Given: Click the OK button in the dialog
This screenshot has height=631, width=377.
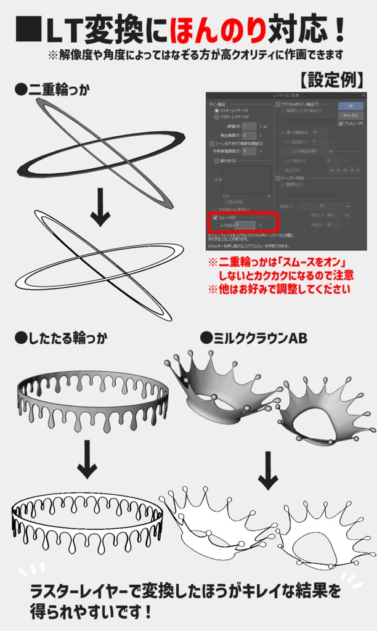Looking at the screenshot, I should tap(351, 105).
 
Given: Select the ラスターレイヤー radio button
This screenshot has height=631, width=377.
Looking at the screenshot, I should tap(216, 110).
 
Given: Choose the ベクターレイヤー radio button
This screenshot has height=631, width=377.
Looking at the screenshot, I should tap(216, 116).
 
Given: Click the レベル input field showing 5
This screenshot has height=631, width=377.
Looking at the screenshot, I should tap(244, 226).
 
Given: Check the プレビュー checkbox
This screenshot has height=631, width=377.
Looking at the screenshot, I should tap(341, 123).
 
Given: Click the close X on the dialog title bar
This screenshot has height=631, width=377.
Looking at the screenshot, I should tap(363, 96).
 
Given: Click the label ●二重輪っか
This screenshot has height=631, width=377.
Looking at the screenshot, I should tap(52, 90).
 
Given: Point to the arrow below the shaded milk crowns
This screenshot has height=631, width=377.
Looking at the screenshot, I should tap(268, 470).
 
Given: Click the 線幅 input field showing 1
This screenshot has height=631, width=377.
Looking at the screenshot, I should tap(248, 126).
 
